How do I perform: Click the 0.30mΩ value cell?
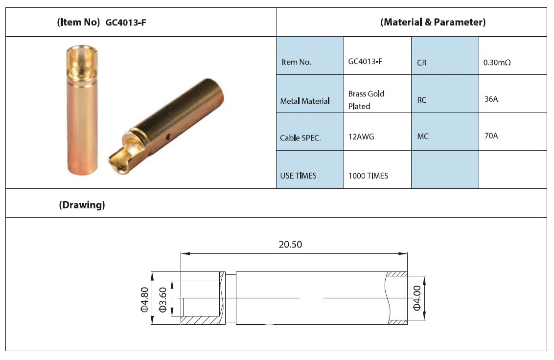497,63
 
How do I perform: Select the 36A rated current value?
491,99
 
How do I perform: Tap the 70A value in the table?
491,135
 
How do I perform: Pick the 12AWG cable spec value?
361,137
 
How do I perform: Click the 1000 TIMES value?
368,176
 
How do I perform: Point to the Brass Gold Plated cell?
367,100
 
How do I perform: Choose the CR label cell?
422,63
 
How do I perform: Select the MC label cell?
423,136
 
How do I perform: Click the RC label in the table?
422,100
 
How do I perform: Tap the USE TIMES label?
298,176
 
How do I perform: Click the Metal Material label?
305,101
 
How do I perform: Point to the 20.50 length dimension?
290,245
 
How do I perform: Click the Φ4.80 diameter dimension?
144,299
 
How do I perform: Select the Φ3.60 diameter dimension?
162,299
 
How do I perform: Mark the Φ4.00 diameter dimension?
417,298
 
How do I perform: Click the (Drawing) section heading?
82,205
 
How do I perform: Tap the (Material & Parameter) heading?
433,22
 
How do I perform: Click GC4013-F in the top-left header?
126,22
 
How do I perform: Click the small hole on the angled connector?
168,135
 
